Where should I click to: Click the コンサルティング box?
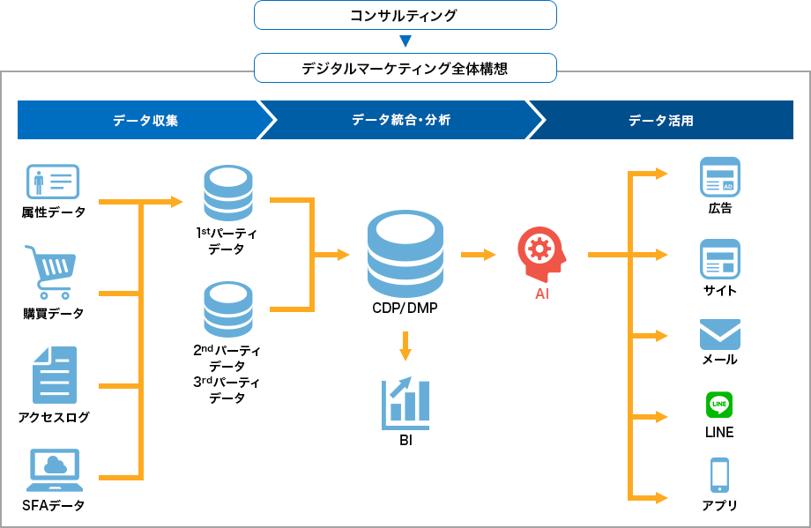[405, 15]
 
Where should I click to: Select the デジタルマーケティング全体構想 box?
[405, 68]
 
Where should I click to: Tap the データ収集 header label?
[145, 120]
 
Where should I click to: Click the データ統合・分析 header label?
[401, 120]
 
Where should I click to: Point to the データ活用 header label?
[660, 120]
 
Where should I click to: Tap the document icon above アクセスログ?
[54, 375]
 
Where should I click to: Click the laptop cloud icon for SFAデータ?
[54, 470]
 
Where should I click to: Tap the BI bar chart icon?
[405, 403]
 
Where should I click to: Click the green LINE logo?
[719, 405]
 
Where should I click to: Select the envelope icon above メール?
[719, 334]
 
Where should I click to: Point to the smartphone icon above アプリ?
[719, 475]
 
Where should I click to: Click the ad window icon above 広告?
[719, 176]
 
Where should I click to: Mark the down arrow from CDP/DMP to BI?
[405, 346]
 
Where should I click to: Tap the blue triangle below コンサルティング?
[405, 41]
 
